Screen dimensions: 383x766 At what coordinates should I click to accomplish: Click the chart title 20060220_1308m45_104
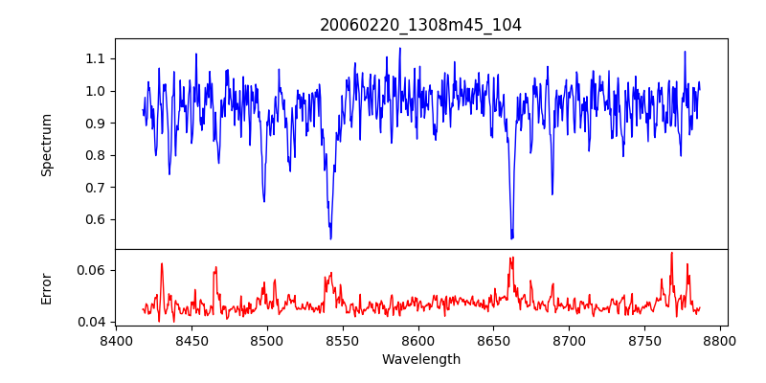(x=420, y=25)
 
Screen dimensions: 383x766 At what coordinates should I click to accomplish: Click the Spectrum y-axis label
(x=47, y=145)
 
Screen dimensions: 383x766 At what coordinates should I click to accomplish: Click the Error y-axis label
(x=47, y=288)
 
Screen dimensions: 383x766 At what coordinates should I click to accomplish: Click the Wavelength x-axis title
(x=420, y=360)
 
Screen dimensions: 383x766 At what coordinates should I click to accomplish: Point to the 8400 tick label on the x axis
(x=115, y=340)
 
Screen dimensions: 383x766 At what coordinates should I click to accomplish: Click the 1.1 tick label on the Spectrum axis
(x=95, y=59)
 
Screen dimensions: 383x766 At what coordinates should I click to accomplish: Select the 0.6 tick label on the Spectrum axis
(x=95, y=219)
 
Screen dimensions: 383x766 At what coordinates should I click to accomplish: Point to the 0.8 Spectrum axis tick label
(x=95, y=155)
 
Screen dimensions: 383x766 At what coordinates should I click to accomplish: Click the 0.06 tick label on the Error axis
(x=91, y=270)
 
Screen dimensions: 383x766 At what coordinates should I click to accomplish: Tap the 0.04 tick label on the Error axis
(x=91, y=322)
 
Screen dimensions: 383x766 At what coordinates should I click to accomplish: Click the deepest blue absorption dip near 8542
(x=330, y=237)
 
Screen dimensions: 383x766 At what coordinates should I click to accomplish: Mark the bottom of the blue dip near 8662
(x=511, y=237)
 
